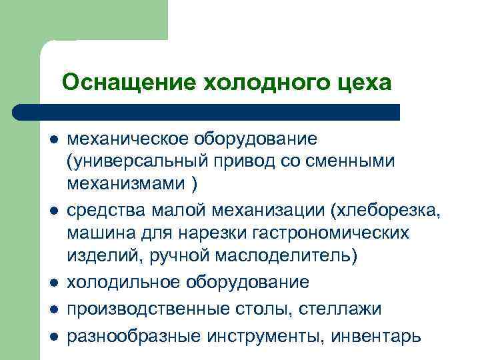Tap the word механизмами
click(x=122, y=181)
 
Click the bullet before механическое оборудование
click(x=53, y=140)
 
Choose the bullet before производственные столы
click(x=53, y=309)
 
